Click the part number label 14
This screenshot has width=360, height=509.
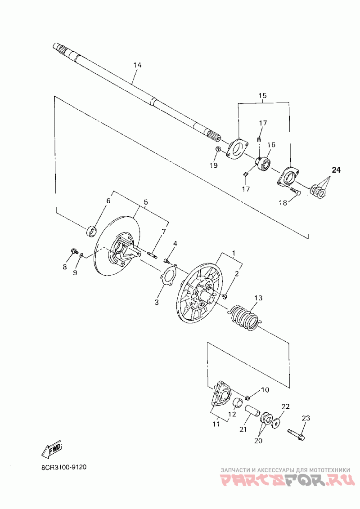tap(137, 65)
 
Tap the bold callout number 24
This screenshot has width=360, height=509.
tap(337, 170)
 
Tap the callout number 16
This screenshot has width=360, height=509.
tap(271, 145)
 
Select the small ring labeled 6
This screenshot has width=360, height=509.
tap(92, 231)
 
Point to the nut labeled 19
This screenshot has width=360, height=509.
tap(216, 150)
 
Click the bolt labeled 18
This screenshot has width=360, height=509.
tap(294, 192)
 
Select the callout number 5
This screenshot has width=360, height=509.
tap(145, 203)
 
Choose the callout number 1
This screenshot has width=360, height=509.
tap(234, 253)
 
